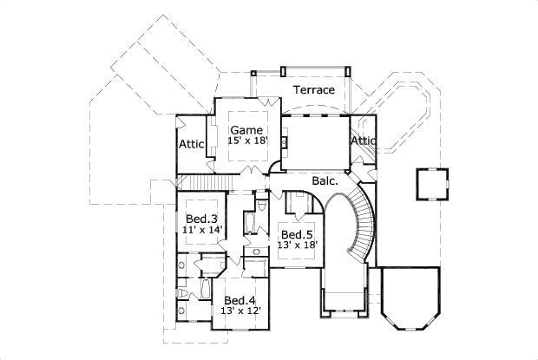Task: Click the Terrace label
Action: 313,89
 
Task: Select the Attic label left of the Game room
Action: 193,144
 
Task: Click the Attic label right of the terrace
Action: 364,141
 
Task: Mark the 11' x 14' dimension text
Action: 203,230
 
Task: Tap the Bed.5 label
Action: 296,234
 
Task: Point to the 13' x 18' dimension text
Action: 297,245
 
